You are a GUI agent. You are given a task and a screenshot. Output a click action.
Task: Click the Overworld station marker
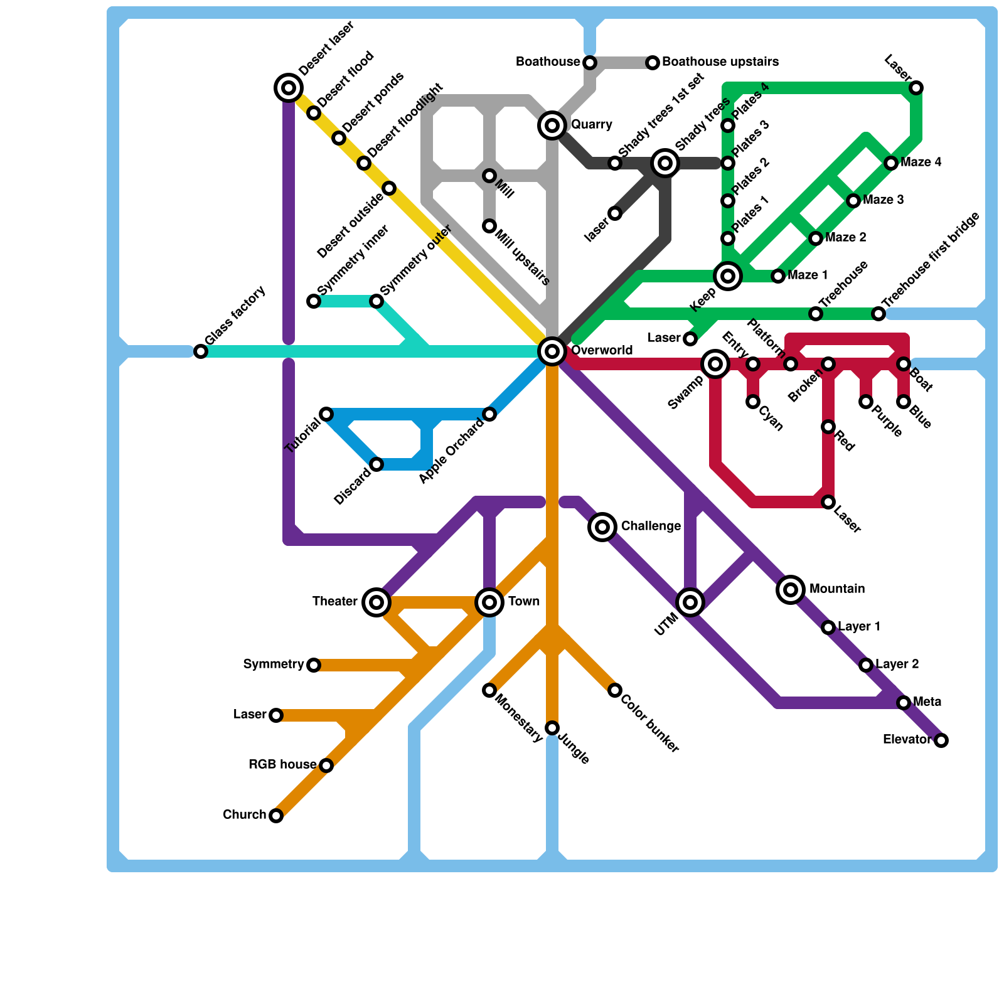click(552, 351)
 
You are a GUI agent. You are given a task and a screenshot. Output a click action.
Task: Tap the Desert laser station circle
click(289, 88)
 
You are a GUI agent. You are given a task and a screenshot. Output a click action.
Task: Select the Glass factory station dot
click(201, 351)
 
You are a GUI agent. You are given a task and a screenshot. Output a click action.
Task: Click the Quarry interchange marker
click(552, 125)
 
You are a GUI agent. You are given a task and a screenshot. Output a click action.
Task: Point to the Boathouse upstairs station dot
click(653, 63)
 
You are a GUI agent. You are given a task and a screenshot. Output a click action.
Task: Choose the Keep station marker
click(728, 276)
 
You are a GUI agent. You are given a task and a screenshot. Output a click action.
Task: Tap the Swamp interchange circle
click(715, 364)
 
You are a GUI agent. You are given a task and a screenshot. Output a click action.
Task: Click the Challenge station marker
click(602, 527)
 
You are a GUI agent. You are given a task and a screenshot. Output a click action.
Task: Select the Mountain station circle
click(791, 590)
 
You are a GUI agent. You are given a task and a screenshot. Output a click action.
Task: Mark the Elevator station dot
click(941, 740)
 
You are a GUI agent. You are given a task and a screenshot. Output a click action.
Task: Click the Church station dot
click(276, 816)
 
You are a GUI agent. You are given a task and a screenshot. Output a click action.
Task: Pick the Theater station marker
click(376, 602)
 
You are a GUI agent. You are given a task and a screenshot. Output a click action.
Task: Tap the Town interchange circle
click(489, 602)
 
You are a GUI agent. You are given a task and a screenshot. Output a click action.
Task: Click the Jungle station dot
click(552, 728)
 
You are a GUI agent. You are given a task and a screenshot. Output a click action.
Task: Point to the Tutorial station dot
click(326, 414)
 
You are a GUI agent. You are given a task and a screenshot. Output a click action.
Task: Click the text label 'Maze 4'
click(921, 163)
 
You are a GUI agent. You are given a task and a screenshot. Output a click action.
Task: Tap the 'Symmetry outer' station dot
click(376, 301)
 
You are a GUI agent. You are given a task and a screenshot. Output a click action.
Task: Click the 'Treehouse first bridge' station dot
click(878, 314)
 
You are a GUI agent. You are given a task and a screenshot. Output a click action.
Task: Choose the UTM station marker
click(690, 602)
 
